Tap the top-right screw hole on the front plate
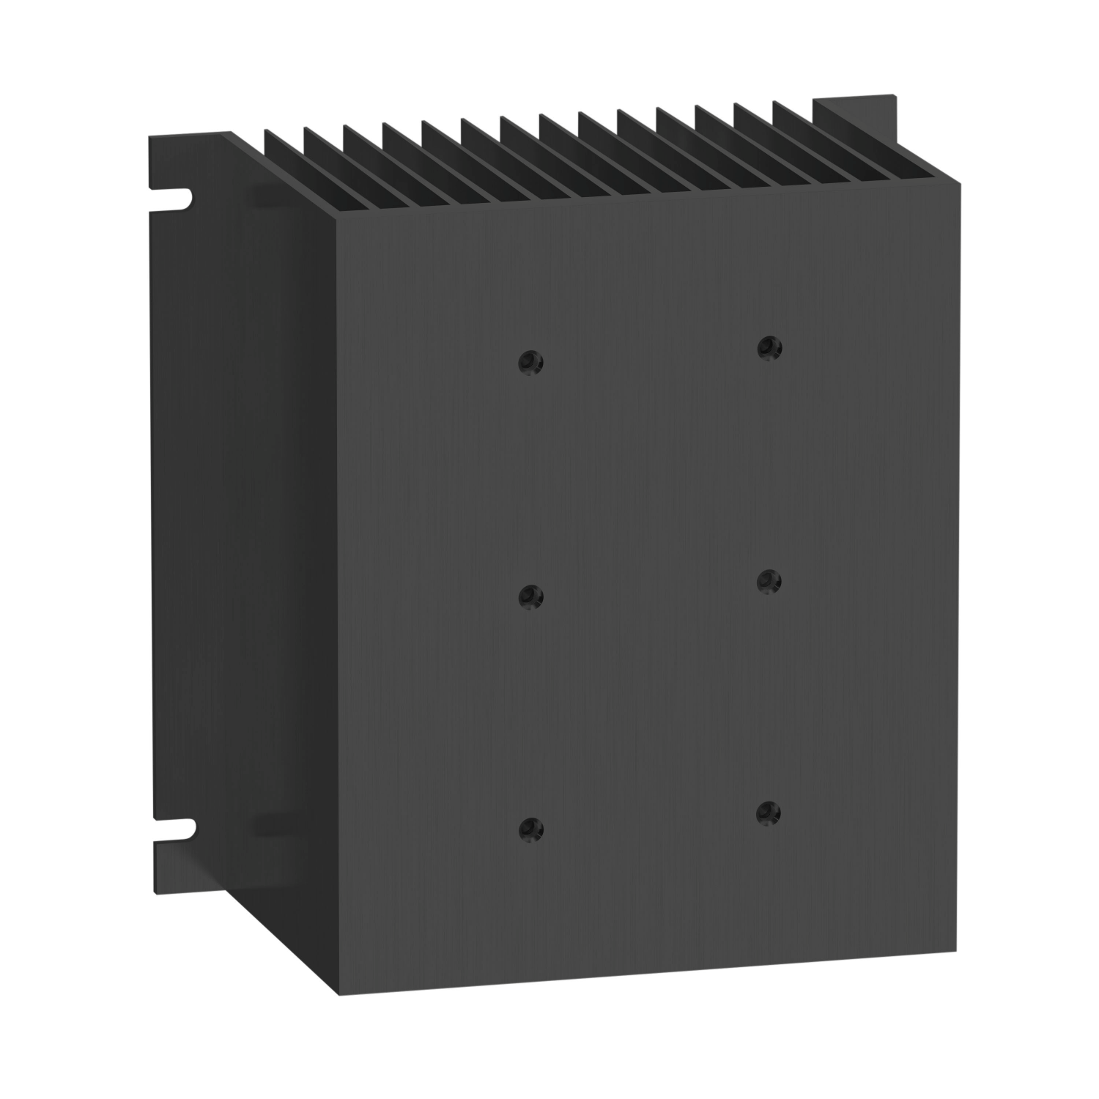coord(769,347)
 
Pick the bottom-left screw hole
coord(528,828)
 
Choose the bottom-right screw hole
coord(766,812)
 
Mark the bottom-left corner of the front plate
coord(340,994)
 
